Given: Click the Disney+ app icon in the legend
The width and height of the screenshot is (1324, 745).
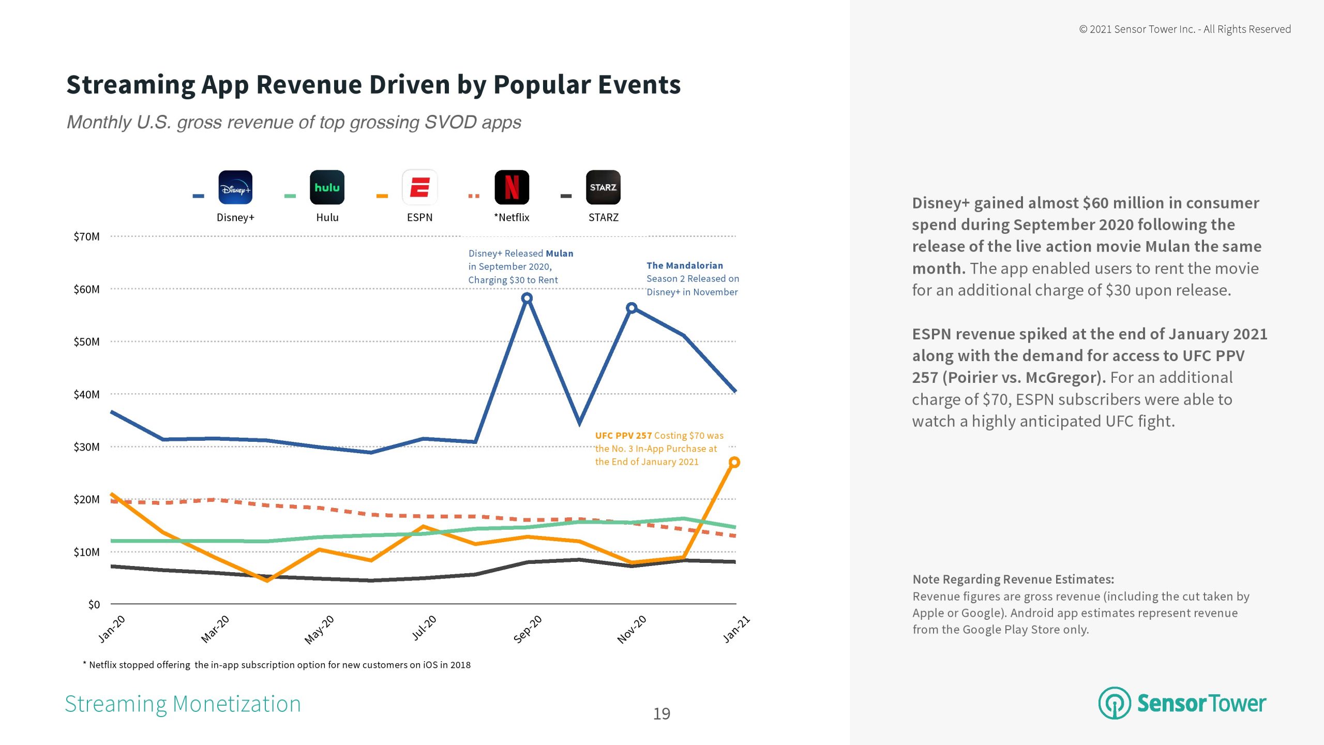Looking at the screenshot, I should click(235, 187).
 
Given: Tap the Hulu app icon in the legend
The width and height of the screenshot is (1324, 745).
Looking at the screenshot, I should click(327, 187).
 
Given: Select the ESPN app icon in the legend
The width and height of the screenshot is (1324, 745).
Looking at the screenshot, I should click(419, 187).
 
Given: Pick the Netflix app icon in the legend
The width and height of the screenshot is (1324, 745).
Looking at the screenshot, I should click(511, 187).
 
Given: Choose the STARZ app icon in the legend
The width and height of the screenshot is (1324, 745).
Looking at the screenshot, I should click(603, 187).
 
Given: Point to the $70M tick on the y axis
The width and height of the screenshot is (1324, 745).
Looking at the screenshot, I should click(86, 237).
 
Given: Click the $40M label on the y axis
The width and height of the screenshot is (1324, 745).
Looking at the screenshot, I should click(86, 395).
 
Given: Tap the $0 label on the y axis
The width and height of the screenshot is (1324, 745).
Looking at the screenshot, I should click(94, 605).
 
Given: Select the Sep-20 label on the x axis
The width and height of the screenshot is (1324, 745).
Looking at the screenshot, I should click(528, 629).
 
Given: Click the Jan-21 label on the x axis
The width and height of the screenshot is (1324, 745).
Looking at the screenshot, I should click(736, 629).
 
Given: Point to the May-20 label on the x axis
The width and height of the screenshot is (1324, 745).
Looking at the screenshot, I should click(319, 630).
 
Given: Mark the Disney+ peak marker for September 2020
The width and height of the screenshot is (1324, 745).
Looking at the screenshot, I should click(526, 298).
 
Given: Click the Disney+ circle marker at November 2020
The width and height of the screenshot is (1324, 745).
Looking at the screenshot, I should click(631, 308).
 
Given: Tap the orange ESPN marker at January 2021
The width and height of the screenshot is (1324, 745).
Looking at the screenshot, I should click(734, 462).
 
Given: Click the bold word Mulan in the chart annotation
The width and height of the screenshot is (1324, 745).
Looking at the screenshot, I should click(560, 254).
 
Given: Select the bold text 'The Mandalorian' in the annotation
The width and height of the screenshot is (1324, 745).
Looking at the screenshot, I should click(685, 265).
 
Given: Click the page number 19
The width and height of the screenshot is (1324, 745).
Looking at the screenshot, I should click(661, 714).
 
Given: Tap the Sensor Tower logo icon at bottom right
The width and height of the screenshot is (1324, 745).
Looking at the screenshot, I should click(1115, 703).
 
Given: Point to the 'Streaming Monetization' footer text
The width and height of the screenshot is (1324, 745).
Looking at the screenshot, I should click(183, 704).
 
